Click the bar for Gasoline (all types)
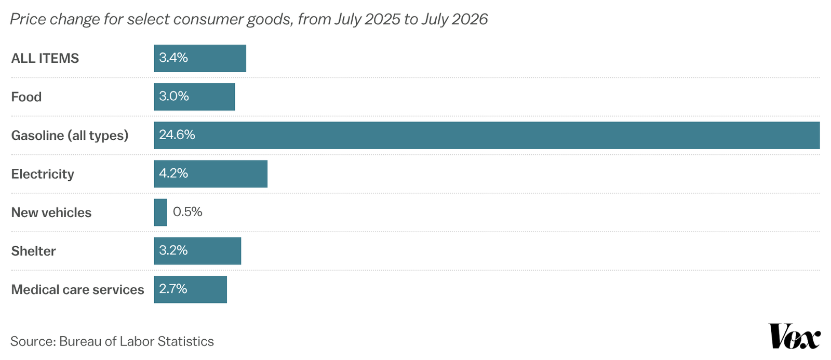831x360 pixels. click(x=487, y=136)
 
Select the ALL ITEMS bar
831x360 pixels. click(x=200, y=58)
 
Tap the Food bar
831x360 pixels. click(x=194, y=97)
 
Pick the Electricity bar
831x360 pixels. click(x=211, y=174)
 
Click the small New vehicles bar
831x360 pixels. click(x=160, y=212)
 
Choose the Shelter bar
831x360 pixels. click(x=197, y=251)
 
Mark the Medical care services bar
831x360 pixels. click(x=190, y=289)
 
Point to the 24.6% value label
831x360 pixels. click(x=177, y=135)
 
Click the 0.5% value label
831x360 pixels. click(x=187, y=212)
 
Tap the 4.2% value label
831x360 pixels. click(x=173, y=174)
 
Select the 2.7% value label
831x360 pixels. click(x=173, y=289)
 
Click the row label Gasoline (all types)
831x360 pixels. click(x=70, y=136)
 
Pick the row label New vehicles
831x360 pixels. click(x=51, y=212)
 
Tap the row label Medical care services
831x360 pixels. click(x=77, y=289)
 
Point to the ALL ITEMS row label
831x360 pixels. click(x=45, y=59)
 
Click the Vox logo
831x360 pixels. click(x=794, y=336)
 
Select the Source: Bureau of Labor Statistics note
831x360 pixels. click(x=112, y=341)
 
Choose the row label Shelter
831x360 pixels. click(x=33, y=251)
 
